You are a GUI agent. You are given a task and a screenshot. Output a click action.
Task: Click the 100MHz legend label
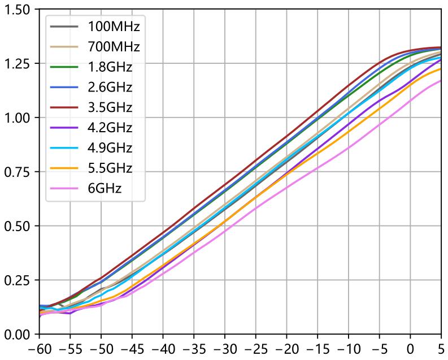pyautogui.click(x=114, y=27)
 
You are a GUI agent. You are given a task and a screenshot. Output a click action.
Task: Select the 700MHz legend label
pyautogui.click(x=114, y=47)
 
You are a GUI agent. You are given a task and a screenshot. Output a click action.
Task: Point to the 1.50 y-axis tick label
pyautogui.click(x=19, y=10)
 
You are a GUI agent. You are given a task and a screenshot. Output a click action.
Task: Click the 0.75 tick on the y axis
pyautogui.click(x=19, y=172)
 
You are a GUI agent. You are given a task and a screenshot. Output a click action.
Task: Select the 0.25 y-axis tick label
pyautogui.click(x=19, y=280)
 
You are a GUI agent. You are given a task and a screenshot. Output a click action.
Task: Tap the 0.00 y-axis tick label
pyautogui.click(x=19, y=335)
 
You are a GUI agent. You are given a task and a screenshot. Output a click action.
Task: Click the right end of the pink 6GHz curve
pyautogui.click(x=441, y=80)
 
